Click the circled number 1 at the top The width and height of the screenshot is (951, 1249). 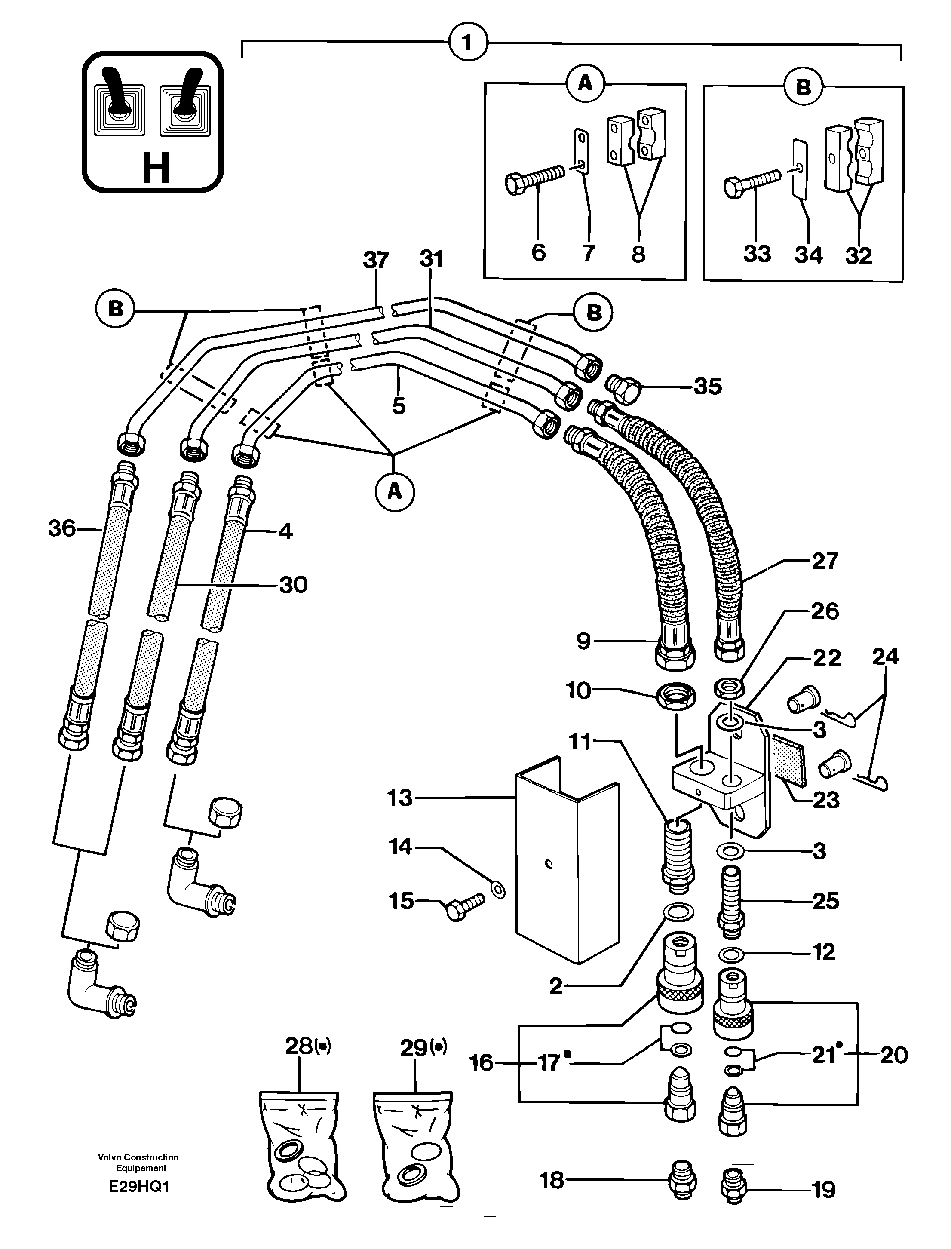tap(468, 43)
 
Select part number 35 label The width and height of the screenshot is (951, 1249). tap(708, 386)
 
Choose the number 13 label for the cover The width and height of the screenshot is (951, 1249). tap(400, 798)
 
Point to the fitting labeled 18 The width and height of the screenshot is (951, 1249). tap(681, 1181)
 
